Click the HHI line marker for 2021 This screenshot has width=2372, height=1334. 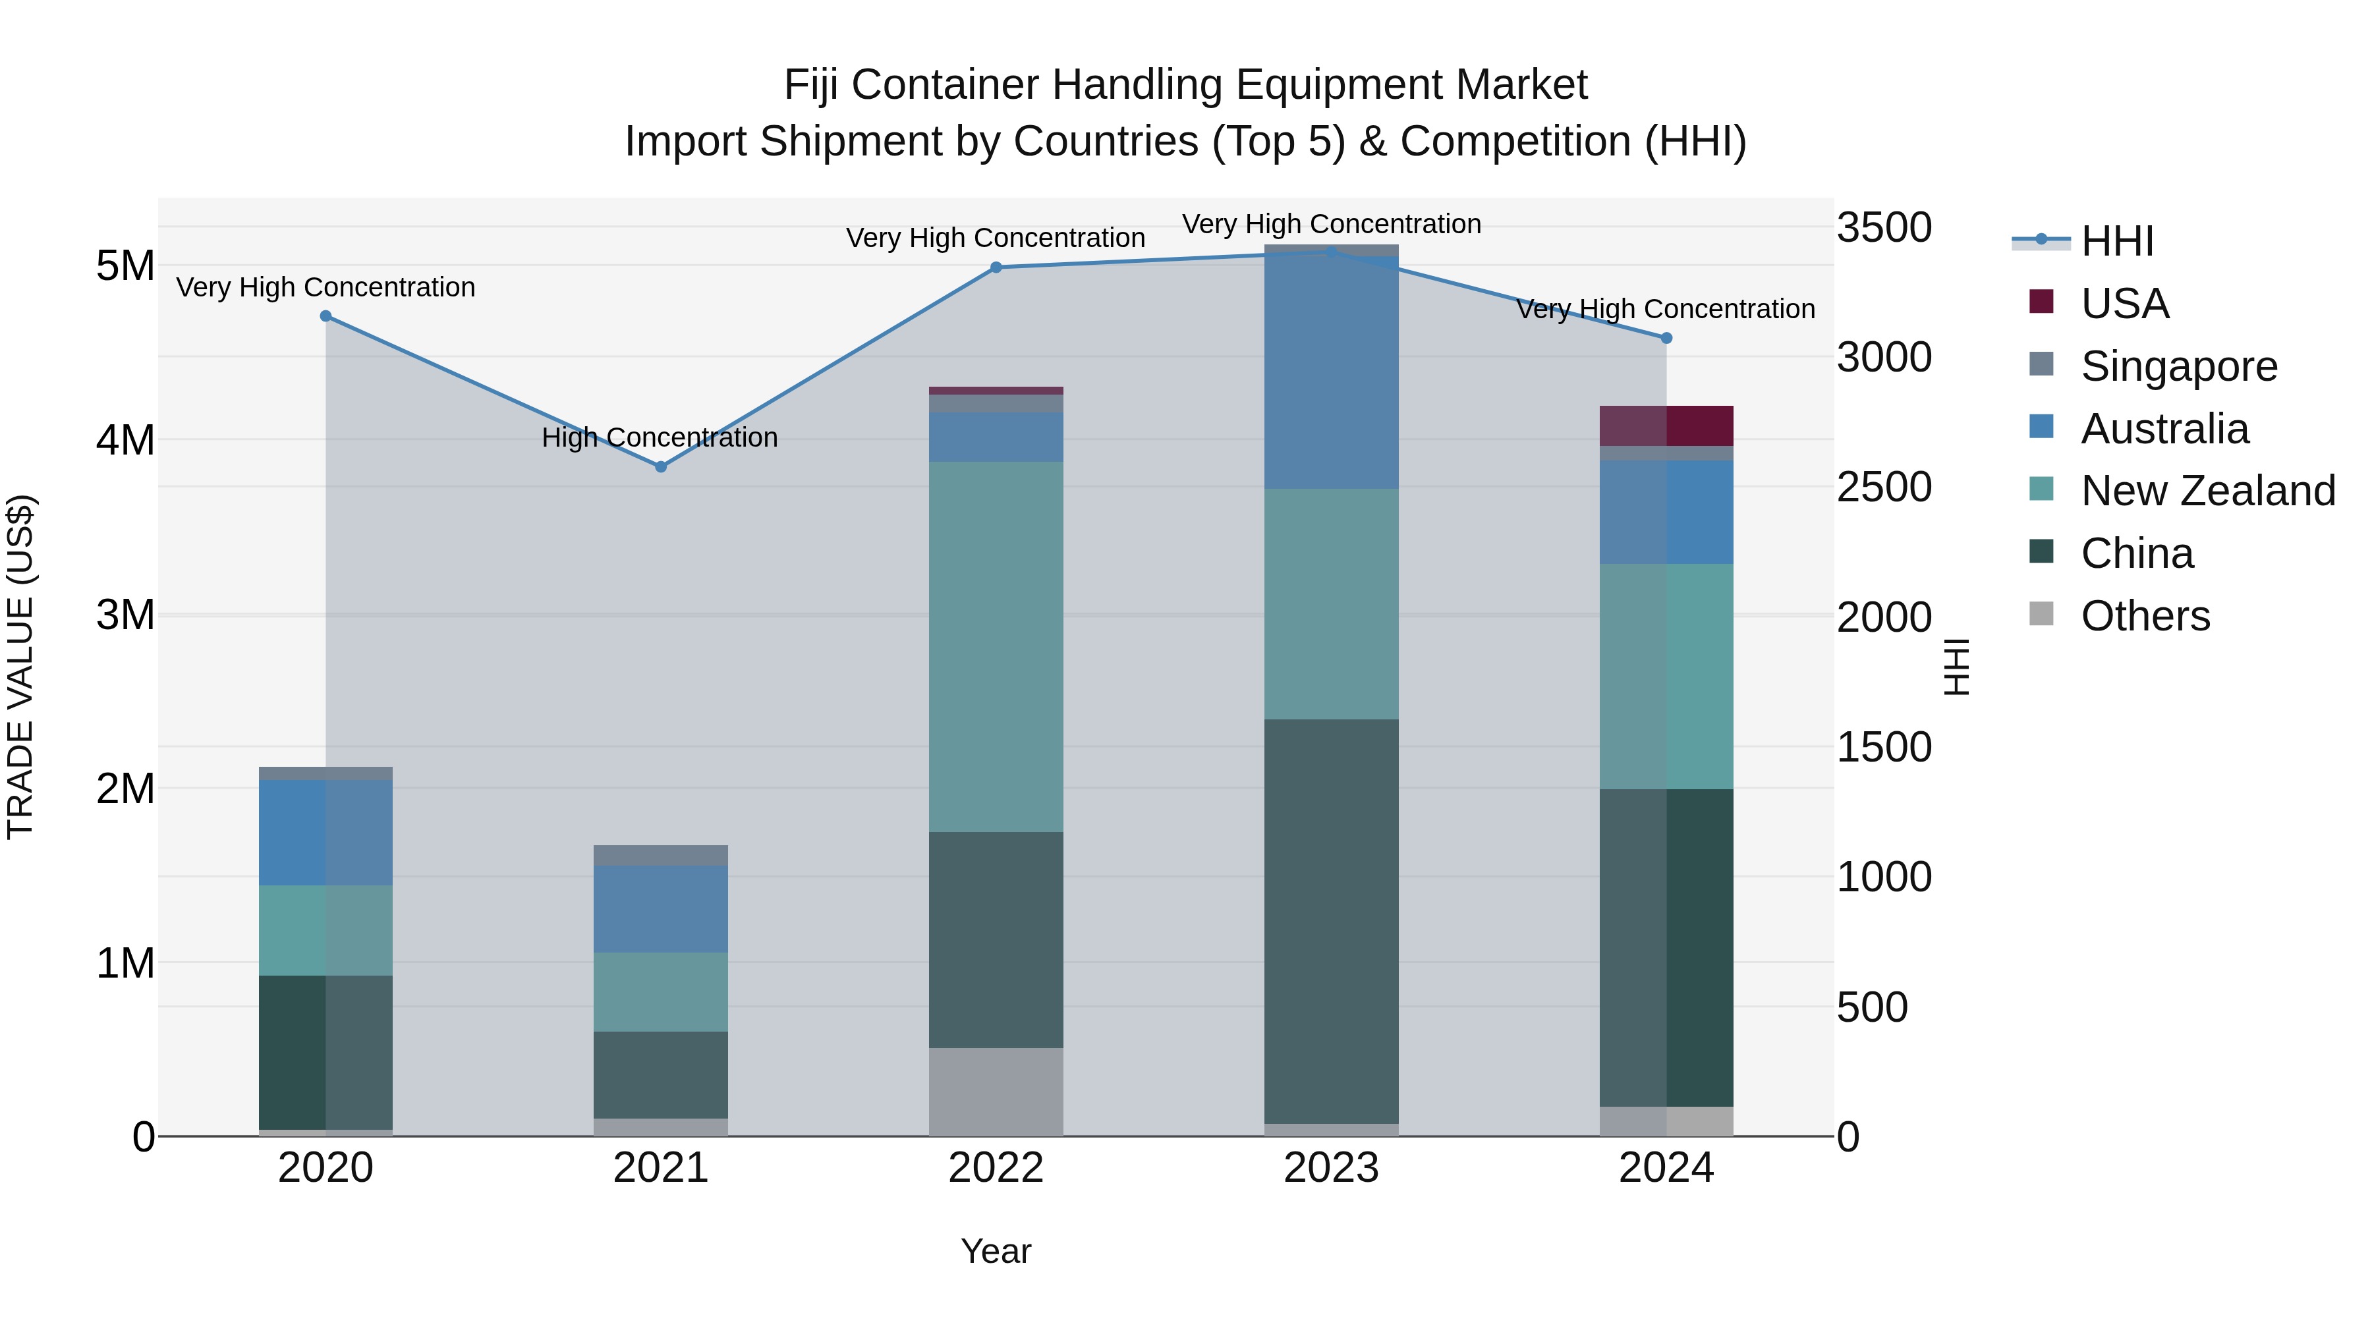click(660, 467)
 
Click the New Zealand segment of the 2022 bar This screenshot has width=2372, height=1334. click(996, 646)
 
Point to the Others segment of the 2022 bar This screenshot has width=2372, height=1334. click(996, 1091)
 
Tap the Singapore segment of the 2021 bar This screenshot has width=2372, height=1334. click(660, 854)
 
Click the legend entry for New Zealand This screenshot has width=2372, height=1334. click(2206, 491)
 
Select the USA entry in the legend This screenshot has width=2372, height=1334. click(2124, 304)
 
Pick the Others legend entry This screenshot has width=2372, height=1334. click(2143, 616)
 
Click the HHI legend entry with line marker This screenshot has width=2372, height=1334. click(2116, 241)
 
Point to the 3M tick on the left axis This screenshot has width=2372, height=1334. click(125, 614)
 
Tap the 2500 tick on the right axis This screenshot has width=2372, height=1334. click(1883, 487)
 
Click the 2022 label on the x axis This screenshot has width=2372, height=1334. click(996, 1168)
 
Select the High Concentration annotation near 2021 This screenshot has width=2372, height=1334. click(660, 437)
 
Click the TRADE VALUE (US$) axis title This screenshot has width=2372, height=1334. click(20, 667)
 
